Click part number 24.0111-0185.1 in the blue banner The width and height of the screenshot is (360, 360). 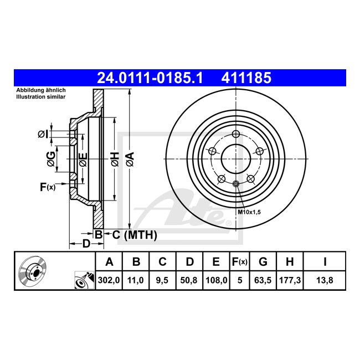pos(150,78)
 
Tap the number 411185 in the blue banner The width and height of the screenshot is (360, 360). pos(246,78)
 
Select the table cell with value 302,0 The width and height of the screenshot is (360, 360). pos(109,280)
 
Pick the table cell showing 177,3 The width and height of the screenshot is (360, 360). pos(290,280)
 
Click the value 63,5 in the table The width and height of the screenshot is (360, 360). pos(263,280)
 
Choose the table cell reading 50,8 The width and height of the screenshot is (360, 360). pos(189,280)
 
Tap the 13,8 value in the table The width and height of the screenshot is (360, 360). pos(325,280)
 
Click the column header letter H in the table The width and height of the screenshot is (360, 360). pos(290,262)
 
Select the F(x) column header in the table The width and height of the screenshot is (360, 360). pos(240,262)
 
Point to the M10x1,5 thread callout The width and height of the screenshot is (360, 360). pos(249,212)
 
